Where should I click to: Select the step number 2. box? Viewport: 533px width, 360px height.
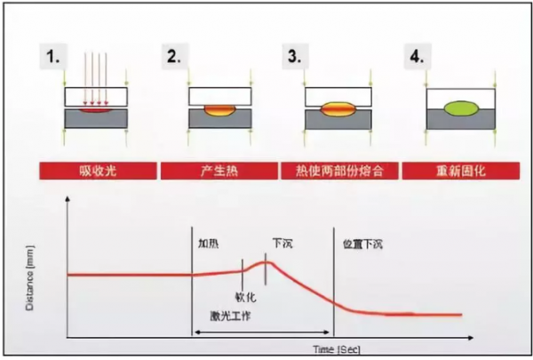(173, 60)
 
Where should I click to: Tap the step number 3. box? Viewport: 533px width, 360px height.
(294, 60)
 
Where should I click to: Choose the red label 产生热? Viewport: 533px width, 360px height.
(216, 170)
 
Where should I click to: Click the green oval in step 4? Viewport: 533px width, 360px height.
(460, 110)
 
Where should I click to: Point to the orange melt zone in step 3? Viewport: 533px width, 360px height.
(338, 110)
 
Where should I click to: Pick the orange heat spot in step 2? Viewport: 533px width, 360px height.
(217, 110)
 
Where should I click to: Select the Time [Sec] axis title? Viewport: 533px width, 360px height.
(335, 347)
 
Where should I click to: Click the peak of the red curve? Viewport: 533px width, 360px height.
(266, 261)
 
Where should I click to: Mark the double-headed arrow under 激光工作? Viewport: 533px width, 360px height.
(263, 332)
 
